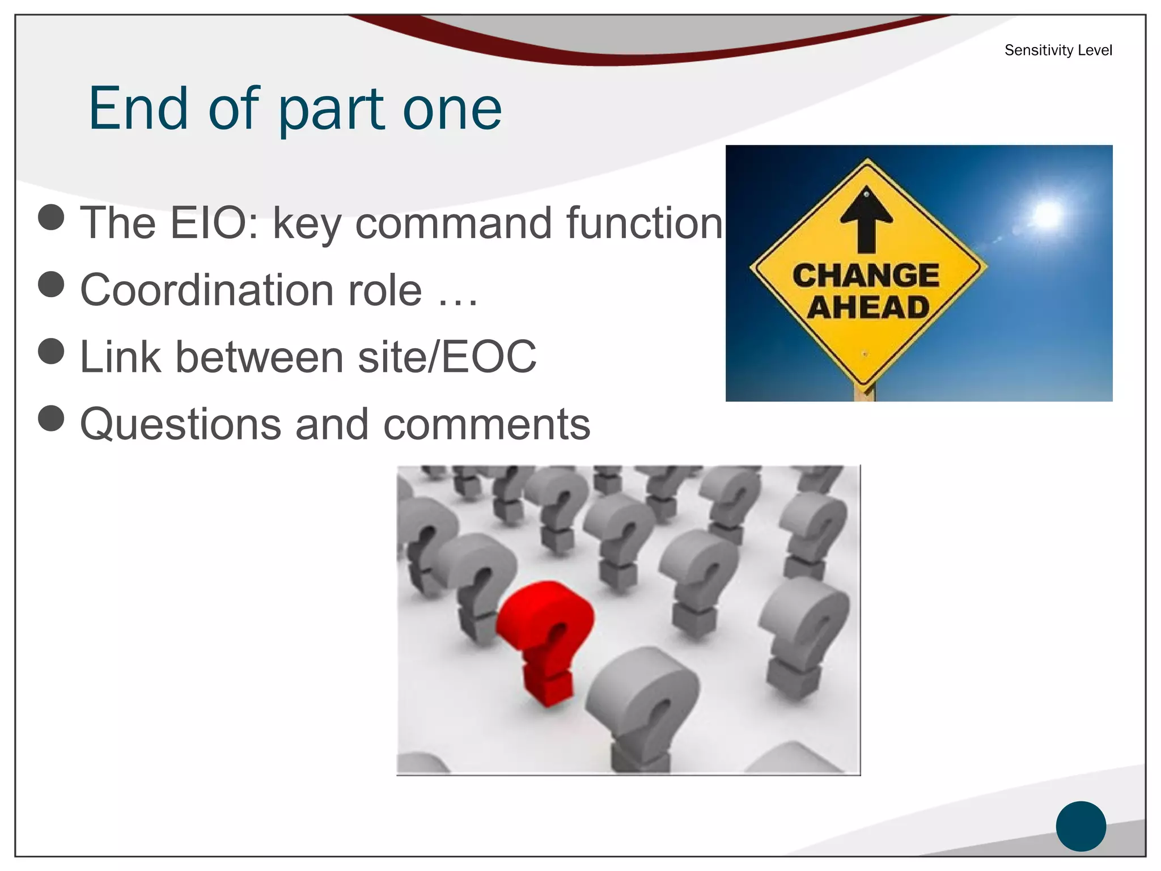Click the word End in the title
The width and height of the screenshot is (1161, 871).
tap(138, 108)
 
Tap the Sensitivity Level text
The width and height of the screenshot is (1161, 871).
tap(1058, 50)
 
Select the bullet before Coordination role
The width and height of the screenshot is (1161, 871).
tap(51, 284)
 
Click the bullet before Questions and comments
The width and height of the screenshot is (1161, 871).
tap(51, 418)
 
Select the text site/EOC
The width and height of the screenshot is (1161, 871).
tap(447, 357)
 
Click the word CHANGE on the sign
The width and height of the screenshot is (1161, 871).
tap(866, 276)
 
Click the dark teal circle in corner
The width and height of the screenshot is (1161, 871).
tap(1081, 826)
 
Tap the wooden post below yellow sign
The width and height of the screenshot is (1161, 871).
tap(865, 393)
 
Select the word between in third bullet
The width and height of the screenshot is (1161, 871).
tap(259, 357)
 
